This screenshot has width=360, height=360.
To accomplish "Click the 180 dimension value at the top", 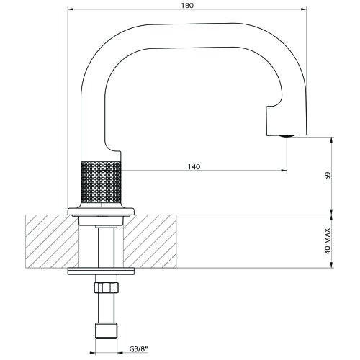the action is tap(187, 6).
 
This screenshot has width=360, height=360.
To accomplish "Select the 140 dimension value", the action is tap(194, 166).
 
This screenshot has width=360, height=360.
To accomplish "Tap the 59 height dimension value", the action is tap(328, 176).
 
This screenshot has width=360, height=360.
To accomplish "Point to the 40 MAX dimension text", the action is tap(328, 240).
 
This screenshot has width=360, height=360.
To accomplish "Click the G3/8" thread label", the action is tap(138, 349).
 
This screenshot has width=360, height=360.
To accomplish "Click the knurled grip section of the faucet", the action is tap(101, 182).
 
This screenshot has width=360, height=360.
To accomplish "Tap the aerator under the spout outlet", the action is tap(287, 136).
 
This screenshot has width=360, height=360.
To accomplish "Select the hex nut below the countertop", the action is tap(107, 287).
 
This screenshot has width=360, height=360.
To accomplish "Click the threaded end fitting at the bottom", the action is tap(107, 330).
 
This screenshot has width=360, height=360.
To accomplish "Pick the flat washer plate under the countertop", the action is tap(101, 271).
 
